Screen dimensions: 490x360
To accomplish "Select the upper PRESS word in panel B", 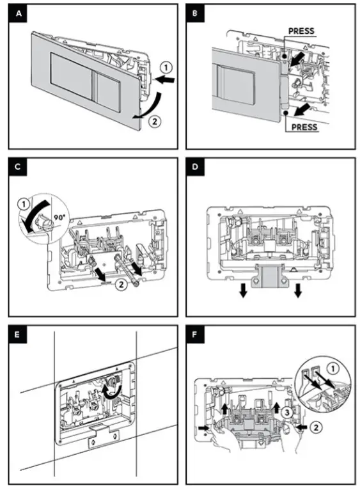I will click(x=302, y=31).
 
